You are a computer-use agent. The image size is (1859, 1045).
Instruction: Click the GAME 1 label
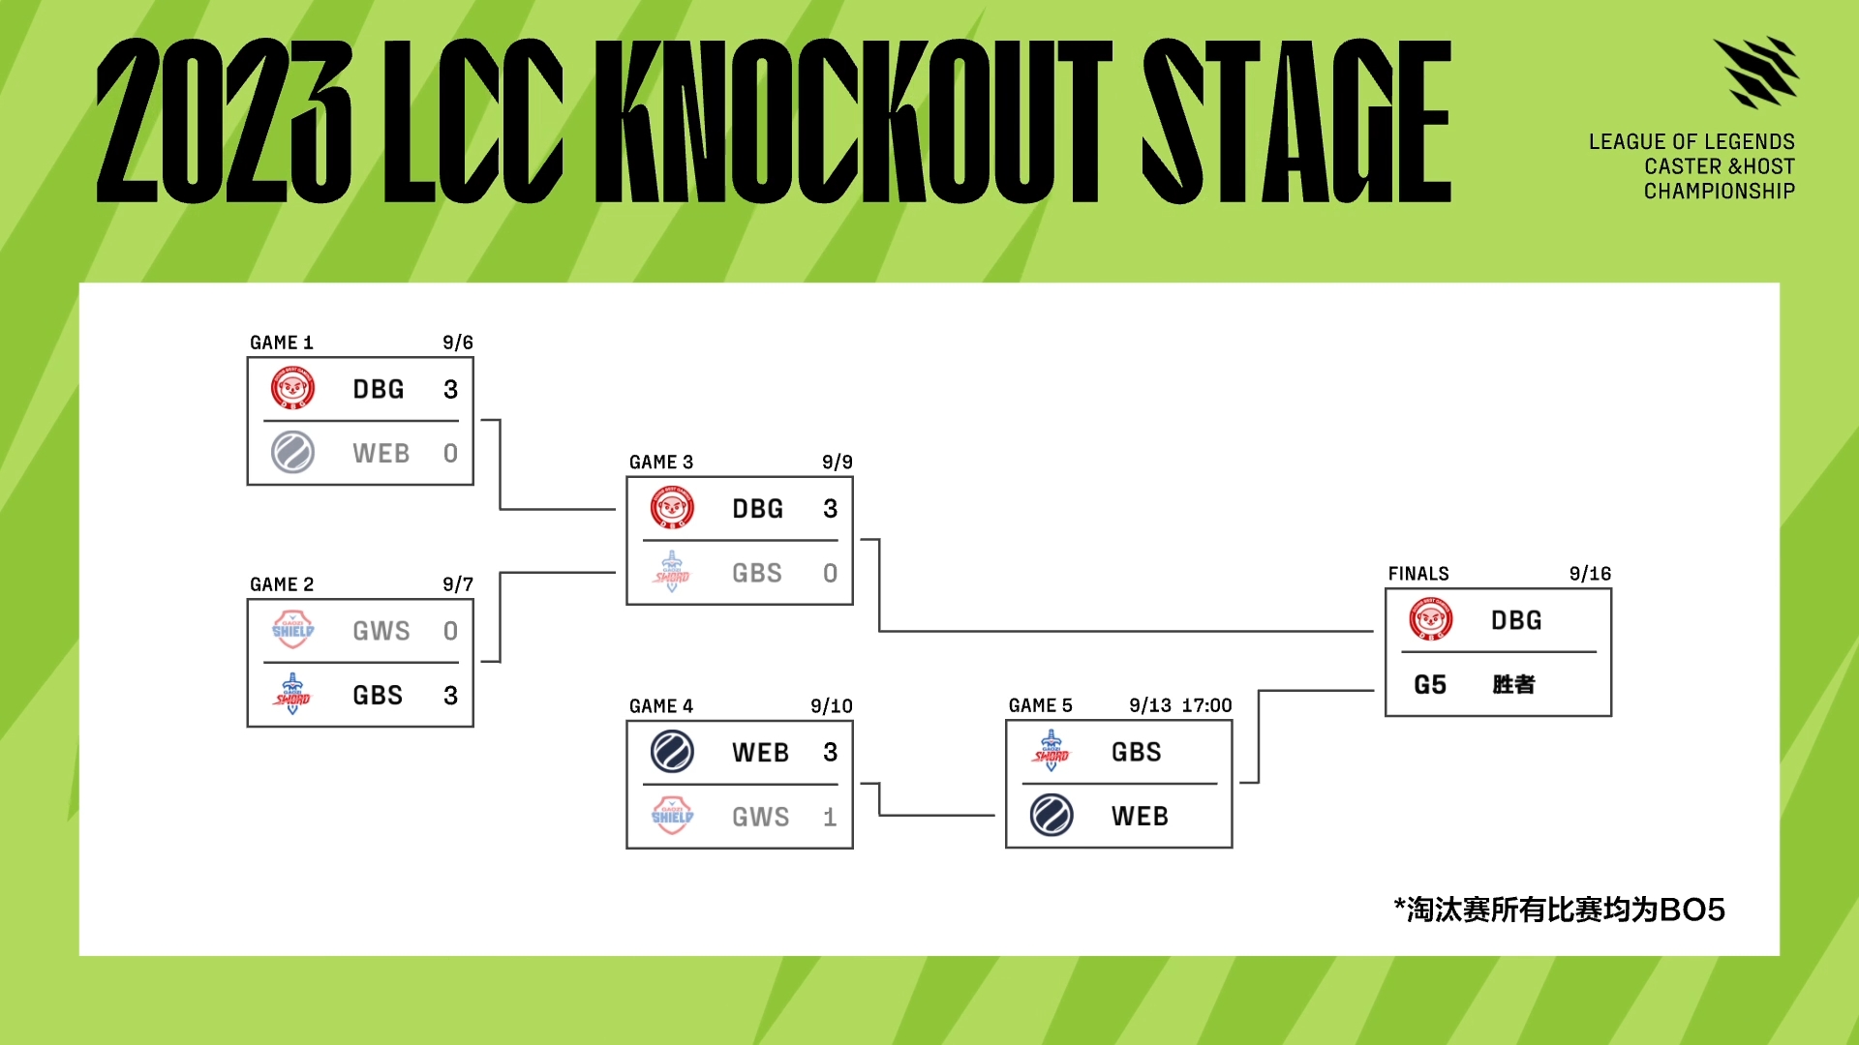(x=282, y=343)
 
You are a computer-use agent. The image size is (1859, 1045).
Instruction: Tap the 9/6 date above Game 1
(x=458, y=343)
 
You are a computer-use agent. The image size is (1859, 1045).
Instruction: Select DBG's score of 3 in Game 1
(x=450, y=389)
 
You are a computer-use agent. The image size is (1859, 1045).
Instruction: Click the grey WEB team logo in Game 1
(x=292, y=452)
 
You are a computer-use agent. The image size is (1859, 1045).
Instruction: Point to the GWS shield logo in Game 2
(x=292, y=630)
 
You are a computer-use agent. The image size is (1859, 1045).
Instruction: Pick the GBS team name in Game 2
(x=378, y=695)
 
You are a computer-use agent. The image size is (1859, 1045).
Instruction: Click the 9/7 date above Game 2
(x=458, y=584)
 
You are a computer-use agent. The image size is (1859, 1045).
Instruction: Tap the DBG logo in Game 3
(x=672, y=507)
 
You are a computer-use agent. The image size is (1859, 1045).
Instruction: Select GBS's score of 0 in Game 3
(x=830, y=573)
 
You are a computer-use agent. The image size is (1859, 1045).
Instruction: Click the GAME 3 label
(x=661, y=463)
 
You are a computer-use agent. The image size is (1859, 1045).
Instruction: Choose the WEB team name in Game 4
(x=761, y=752)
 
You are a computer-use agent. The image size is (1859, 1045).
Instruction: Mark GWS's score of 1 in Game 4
(x=830, y=817)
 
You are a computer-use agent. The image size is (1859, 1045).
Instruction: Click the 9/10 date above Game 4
(x=832, y=706)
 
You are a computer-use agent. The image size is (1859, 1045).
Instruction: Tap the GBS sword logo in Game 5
(x=1051, y=750)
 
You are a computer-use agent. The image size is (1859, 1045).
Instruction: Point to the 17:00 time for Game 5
(x=1206, y=705)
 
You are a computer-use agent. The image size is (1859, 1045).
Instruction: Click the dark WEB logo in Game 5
(x=1051, y=815)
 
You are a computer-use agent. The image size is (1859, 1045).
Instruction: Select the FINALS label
(x=1418, y=574)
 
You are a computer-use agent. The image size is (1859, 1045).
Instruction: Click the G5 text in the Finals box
(x=1430, y=684)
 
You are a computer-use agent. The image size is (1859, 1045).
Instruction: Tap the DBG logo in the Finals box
(x=1431, y=619)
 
